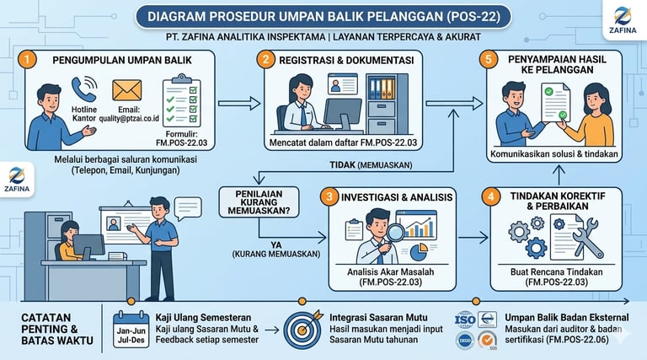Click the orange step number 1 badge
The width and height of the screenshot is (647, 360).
pyautogui.click(x=28, y=60)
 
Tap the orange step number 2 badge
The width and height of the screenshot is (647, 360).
pyautogui.click(x=267, y=60)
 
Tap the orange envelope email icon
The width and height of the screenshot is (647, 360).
pyautogui.click(x=127, y=90)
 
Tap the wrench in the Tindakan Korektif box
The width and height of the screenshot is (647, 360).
pyautogui.click(x=589, y=238)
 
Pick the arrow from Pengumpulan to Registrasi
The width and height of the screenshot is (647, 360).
pyautogui.click(x=235, y=105)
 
